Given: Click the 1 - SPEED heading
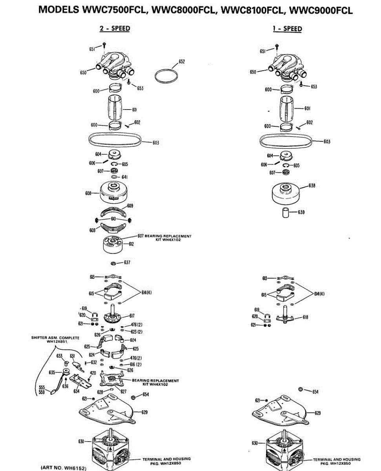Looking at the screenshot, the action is (x=287, y=29).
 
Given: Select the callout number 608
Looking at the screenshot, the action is (x=88, y=193).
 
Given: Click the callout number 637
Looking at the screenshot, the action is (x=127, y=262).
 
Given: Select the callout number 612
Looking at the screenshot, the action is (x=131, y=244).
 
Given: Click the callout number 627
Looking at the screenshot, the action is (x=123, y=392).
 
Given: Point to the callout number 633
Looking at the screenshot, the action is (x=59, y=356).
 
